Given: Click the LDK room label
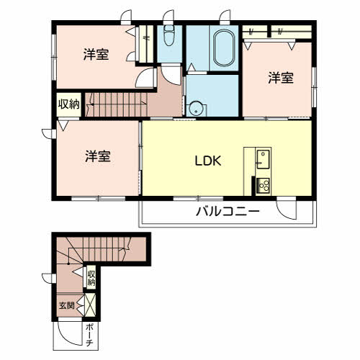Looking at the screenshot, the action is pyautogui.click(x=208, y=161).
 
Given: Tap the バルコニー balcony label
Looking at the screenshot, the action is pyautogui.click(x=228, y=212).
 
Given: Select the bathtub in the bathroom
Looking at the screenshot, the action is pyautogui.click(x=224, y=48).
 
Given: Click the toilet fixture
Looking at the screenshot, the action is pyautogui.click(x=169, y=35).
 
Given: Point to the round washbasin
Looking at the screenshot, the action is pyautogui.click(x=196, y=109).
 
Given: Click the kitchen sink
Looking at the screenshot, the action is pyautogui.click(x=263, y=159).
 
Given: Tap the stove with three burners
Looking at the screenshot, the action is pyautogui.click(x=264, y=185).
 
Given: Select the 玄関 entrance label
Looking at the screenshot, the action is pyautogui.click(x=67, y=305).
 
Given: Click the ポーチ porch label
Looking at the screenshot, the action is pyautogui.click(x=89, y=335).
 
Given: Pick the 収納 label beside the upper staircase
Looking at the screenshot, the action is pyautogui.click(x=69, y=104).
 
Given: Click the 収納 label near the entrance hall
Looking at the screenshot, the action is pyautogui.click(x=91, y=278).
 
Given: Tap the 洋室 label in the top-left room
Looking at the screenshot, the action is pyautogui.click(x=96, y=55).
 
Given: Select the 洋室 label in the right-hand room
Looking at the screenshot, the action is pyautogui.click(x=281, y=78).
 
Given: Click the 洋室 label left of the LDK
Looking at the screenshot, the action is pyautogui.click(x=98, y=156).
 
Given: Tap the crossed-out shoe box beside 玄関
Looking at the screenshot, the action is pyautogui.click(x=91, y=305).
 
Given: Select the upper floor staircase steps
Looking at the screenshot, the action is pyautogui.click(x=116, y=104).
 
